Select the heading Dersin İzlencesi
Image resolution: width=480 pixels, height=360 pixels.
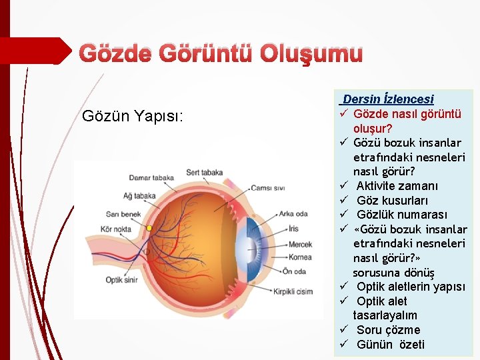[x=388, y=99]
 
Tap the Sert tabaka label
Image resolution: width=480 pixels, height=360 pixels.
[x=204, y=172]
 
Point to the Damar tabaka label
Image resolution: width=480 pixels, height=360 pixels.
[x=151, y=178]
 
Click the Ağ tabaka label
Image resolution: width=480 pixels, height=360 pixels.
[x=139, y=196]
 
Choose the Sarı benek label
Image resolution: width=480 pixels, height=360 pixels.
[x=123, y=214]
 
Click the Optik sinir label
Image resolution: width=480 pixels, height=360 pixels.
[x=121, y=280]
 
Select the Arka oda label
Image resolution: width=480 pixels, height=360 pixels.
[x=293, y=214]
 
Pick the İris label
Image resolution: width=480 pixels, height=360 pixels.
[x=293, y=229]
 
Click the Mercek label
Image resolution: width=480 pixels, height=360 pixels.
[x=300, y=244]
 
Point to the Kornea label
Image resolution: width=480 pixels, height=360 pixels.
[x=300, y=257]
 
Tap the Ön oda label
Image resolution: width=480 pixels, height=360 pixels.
[x=294, y=271]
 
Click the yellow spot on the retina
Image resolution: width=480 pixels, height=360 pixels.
[x=149, y=228]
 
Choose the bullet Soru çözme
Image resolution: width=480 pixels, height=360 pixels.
[x=388, y=330]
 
